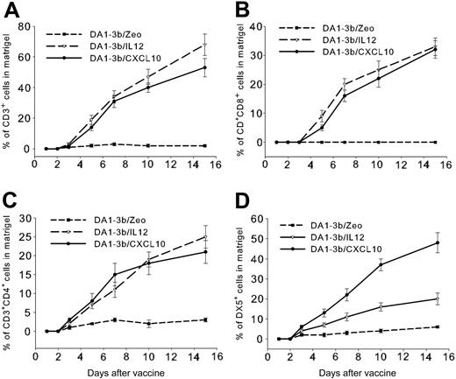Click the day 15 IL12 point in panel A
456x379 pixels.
pos(204,45)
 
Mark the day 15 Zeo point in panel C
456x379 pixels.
pos(204,320)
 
